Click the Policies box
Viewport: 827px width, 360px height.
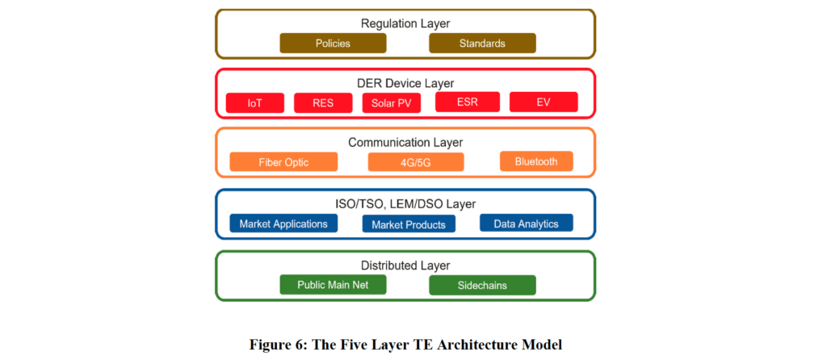[x=333, y=44]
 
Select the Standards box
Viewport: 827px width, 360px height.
[x=482, y=44]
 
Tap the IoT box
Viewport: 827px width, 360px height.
[x=254, y=103]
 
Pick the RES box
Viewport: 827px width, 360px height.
[x=323, y=103]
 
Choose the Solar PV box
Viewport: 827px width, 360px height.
[x=392, y=103]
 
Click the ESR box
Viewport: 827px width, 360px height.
[x=468, y=102]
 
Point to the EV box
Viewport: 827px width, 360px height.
[x=544, y=102]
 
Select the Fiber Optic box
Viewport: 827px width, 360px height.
[x=283, y=161]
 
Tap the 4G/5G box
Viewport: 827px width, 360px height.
[x=416, y=161]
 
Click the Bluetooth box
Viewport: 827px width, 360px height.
[x=536, y=161]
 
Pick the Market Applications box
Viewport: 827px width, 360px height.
[x=283, y=223]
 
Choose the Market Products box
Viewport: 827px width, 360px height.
[x=409, y=224]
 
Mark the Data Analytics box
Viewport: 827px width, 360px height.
[x=527, y=223]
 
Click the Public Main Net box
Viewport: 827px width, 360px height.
[x=333, y=285]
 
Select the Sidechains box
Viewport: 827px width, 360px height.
[x=482, y=285]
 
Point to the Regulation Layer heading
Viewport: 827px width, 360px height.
[x=405, y=23]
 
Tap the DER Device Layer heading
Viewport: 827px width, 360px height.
[x=405, y=83]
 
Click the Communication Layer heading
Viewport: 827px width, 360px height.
[x=405, y=142]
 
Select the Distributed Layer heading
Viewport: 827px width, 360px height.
[x=405, y=266]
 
